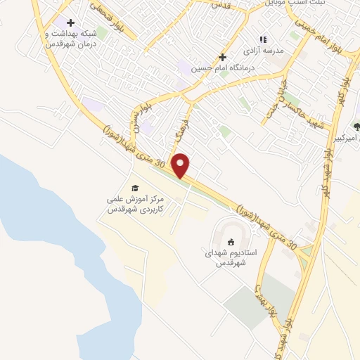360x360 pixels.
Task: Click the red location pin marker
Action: tap(181, 165)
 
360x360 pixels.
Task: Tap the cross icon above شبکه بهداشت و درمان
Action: tap(70, 22)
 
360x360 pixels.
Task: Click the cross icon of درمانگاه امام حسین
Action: tap(223, 57)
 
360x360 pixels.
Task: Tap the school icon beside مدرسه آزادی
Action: tap(263, 40)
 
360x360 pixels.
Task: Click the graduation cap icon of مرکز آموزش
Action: tap(135, 187)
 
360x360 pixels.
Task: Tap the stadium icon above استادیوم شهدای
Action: tap(231, 242)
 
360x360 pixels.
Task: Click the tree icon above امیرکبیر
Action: tap(356, 127)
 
